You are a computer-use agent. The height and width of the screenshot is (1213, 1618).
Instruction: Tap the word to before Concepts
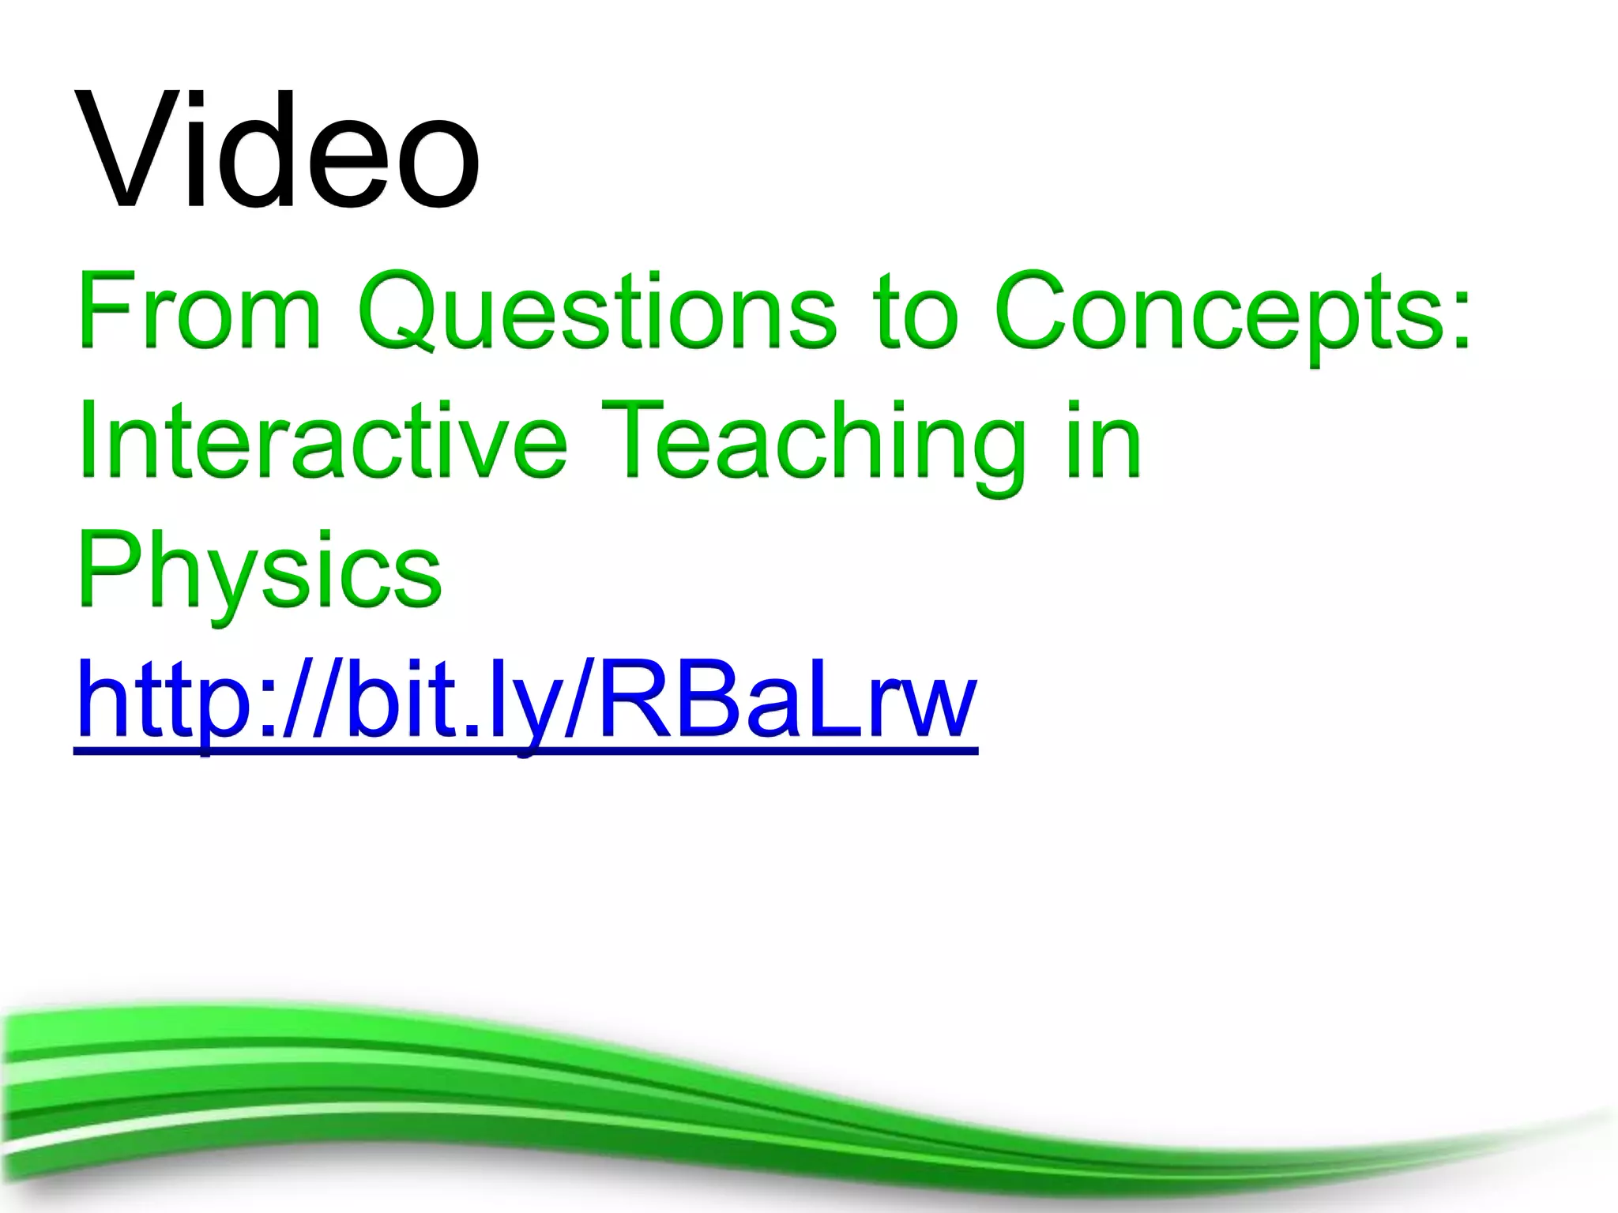pos(916,312)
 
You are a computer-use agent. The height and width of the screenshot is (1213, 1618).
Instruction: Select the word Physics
pos(259,570)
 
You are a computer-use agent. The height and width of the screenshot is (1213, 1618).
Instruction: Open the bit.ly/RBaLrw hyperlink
pos(525,701)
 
